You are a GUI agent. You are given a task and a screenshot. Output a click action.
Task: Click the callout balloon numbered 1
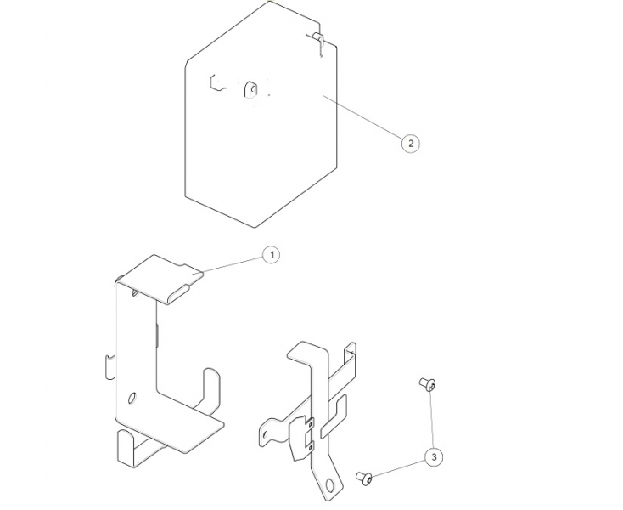point(271,253)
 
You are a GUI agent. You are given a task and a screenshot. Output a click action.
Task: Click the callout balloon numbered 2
point(411,143)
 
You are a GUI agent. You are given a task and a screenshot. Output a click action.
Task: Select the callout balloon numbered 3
point(434,458)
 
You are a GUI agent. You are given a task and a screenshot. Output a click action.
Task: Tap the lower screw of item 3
point(365,479)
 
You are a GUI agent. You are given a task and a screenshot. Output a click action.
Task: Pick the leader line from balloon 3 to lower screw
point(399,468)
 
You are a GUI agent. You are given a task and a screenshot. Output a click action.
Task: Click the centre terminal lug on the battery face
point(250,88)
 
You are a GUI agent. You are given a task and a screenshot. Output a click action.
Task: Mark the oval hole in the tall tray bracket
point(132,397)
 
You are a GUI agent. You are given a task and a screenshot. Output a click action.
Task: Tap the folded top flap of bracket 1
point(161,273)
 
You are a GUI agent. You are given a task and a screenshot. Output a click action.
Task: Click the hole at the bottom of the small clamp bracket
point(327,487)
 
